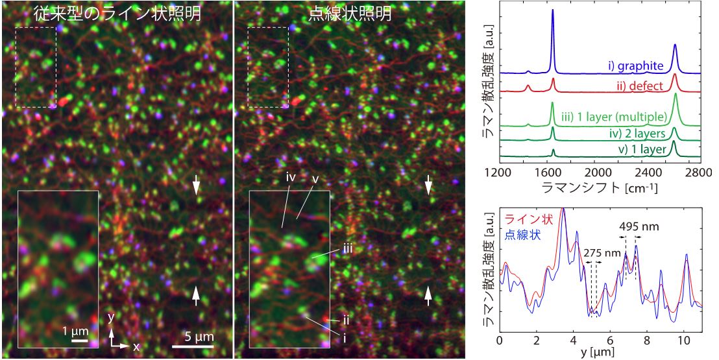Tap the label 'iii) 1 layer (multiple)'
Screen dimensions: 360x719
pyautogui.click(x=615, y=117)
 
